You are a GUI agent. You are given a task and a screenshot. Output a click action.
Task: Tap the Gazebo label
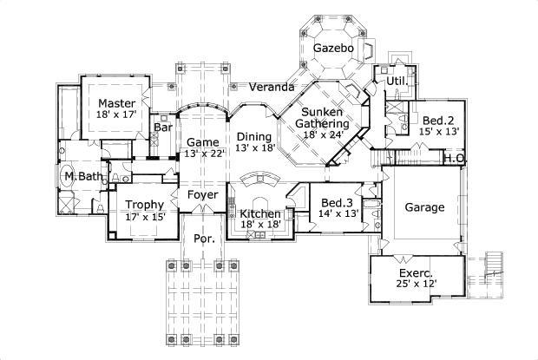[333, 48]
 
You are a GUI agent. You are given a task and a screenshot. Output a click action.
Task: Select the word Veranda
[272, 88]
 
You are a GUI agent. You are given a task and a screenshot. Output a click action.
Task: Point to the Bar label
[163, 128]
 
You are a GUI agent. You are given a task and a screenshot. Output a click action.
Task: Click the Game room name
[202, 142]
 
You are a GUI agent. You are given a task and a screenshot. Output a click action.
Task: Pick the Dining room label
[255, 136]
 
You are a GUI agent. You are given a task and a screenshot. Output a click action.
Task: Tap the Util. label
[397, 81]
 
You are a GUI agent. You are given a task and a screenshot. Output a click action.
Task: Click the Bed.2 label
[438, 120]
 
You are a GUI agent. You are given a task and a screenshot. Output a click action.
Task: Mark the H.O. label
[454, 159]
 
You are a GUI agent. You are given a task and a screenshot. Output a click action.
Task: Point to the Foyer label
[202, 194]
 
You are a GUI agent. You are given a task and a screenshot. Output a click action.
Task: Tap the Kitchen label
[259, 213]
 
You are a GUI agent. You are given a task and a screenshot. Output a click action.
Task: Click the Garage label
[425, 207]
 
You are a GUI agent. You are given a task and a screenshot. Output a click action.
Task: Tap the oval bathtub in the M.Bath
[67, 176]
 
